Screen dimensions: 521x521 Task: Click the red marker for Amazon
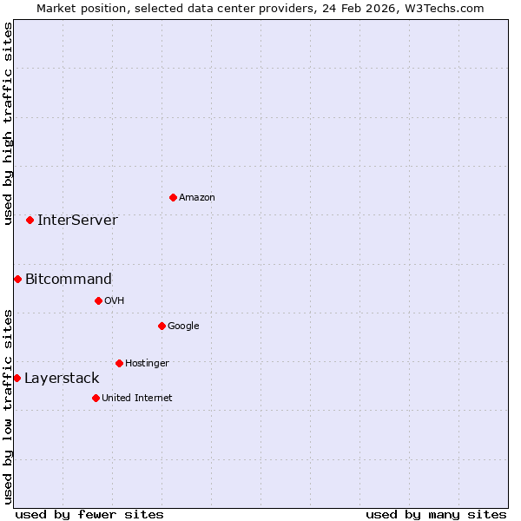[173, 197]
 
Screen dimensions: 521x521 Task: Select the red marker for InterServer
[30, 220]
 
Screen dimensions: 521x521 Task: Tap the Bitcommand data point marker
[17, 279]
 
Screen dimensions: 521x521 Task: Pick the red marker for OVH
[98, 300]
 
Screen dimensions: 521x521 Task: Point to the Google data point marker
[162, 326]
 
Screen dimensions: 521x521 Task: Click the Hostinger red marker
[119, 363]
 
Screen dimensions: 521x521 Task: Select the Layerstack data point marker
[16, 378]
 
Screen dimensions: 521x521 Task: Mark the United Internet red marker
[96, 398]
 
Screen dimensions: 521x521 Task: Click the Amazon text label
[197, 198]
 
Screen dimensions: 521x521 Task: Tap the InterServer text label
[77, 221]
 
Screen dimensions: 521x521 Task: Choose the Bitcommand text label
[69, 280]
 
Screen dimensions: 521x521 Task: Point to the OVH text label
[115, 301]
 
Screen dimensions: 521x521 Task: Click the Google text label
[183, 326]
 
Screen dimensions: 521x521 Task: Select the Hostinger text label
[147, 364]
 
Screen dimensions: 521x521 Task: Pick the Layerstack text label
[62, 379]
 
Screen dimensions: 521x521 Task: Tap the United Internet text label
[137, 399]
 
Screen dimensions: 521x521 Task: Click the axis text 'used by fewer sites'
[89, 514]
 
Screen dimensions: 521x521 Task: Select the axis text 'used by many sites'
[436, 514]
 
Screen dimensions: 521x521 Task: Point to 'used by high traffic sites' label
[8, 124]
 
